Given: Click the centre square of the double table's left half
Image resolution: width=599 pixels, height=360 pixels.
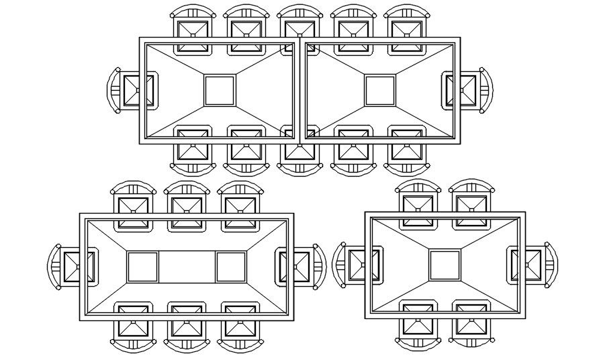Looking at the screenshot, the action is (220, 91).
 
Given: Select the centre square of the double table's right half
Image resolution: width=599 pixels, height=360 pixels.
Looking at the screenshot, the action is (380, 91).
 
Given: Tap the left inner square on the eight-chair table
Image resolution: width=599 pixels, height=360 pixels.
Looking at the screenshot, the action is (142, 267).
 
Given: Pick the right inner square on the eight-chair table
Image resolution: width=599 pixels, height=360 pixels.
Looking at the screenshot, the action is (231, 267).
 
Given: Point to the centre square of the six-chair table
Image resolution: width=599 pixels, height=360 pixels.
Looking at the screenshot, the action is (445, 265).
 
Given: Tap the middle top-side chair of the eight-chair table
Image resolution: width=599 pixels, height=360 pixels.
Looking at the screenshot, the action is (186, 206).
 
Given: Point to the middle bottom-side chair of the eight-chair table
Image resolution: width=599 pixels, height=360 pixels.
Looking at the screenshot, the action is (186, 325).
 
